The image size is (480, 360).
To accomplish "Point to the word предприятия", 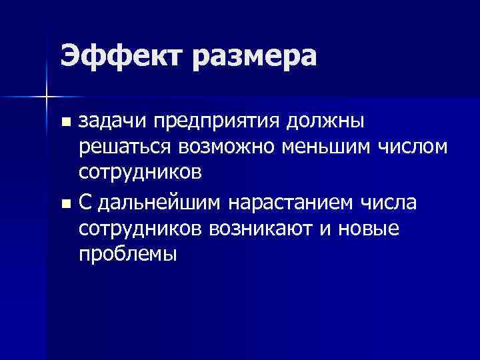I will pos(215,123).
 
